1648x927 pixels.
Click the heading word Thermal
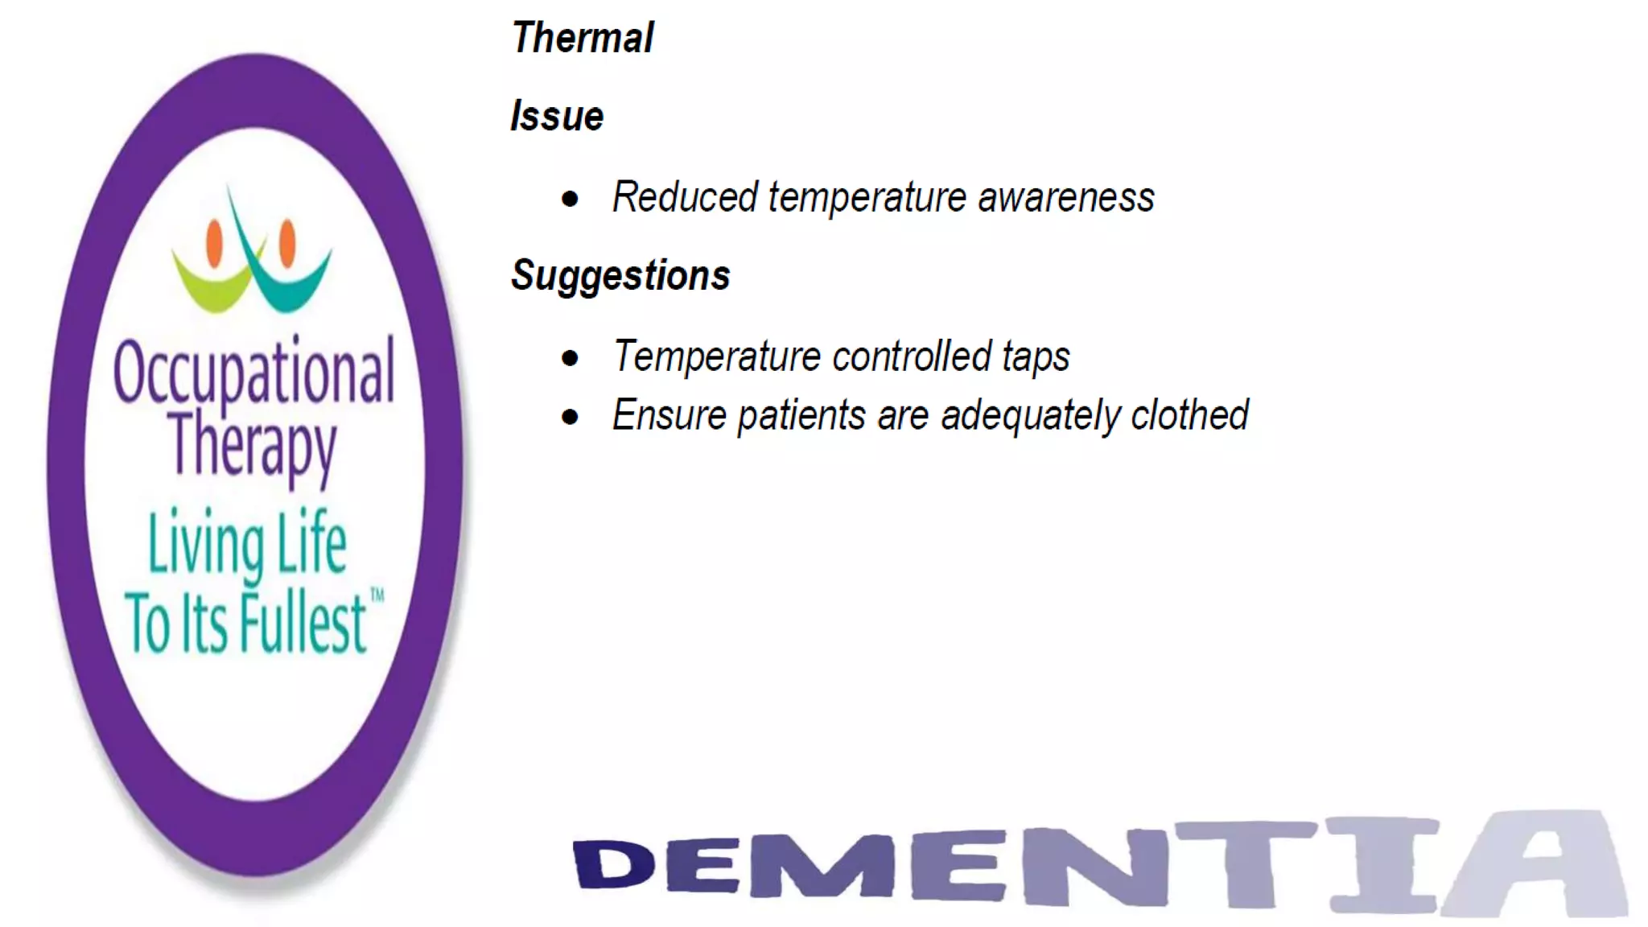(x=583, y=39)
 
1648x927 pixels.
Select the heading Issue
(x=557, y=117)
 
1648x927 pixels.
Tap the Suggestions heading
(x=620, y=276)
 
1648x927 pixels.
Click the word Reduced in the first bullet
(x=685, y=197)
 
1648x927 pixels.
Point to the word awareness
(x=1066, y=198)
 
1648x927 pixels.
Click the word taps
(x=1036, y=357)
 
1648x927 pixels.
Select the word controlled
(x=912, y=356)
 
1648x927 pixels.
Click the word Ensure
(x=669, y=416)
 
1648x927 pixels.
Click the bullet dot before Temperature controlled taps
(x=571, y=358)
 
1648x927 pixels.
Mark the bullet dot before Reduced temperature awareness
(x=571, y=199)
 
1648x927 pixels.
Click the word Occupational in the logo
(x=253, y=372)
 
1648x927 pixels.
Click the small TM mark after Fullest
(x=377, y=595)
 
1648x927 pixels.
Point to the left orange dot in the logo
(x=214, y=244)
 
